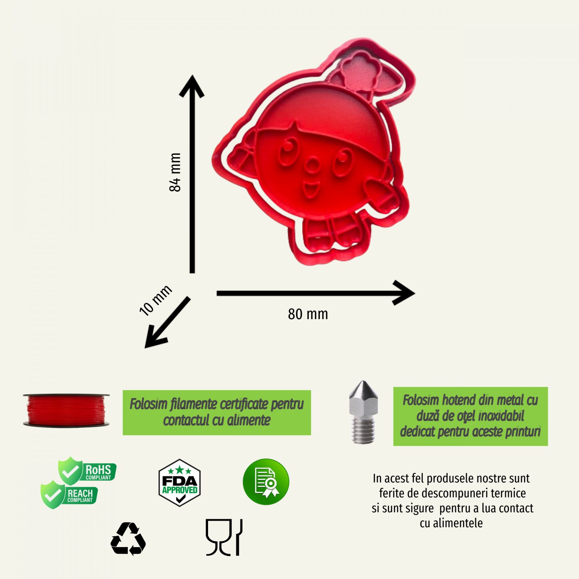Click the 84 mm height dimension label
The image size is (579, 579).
[x=175, y=172]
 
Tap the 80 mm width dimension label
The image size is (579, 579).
[x=308, y=314]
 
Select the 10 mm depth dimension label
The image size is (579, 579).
[x=156, y=300]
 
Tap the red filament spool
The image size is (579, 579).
[x=66, y=410]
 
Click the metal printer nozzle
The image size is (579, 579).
[x=363, y=412]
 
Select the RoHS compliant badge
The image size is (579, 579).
[x=87, y=470]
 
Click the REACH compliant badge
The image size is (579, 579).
[x=69, y=495]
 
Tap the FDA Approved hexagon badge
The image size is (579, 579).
[x=179, y=483]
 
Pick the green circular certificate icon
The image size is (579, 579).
[x=266, y=482]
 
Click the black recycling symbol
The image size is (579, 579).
[x=128, y=538]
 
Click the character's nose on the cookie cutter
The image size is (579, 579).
[x=312, y=166]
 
